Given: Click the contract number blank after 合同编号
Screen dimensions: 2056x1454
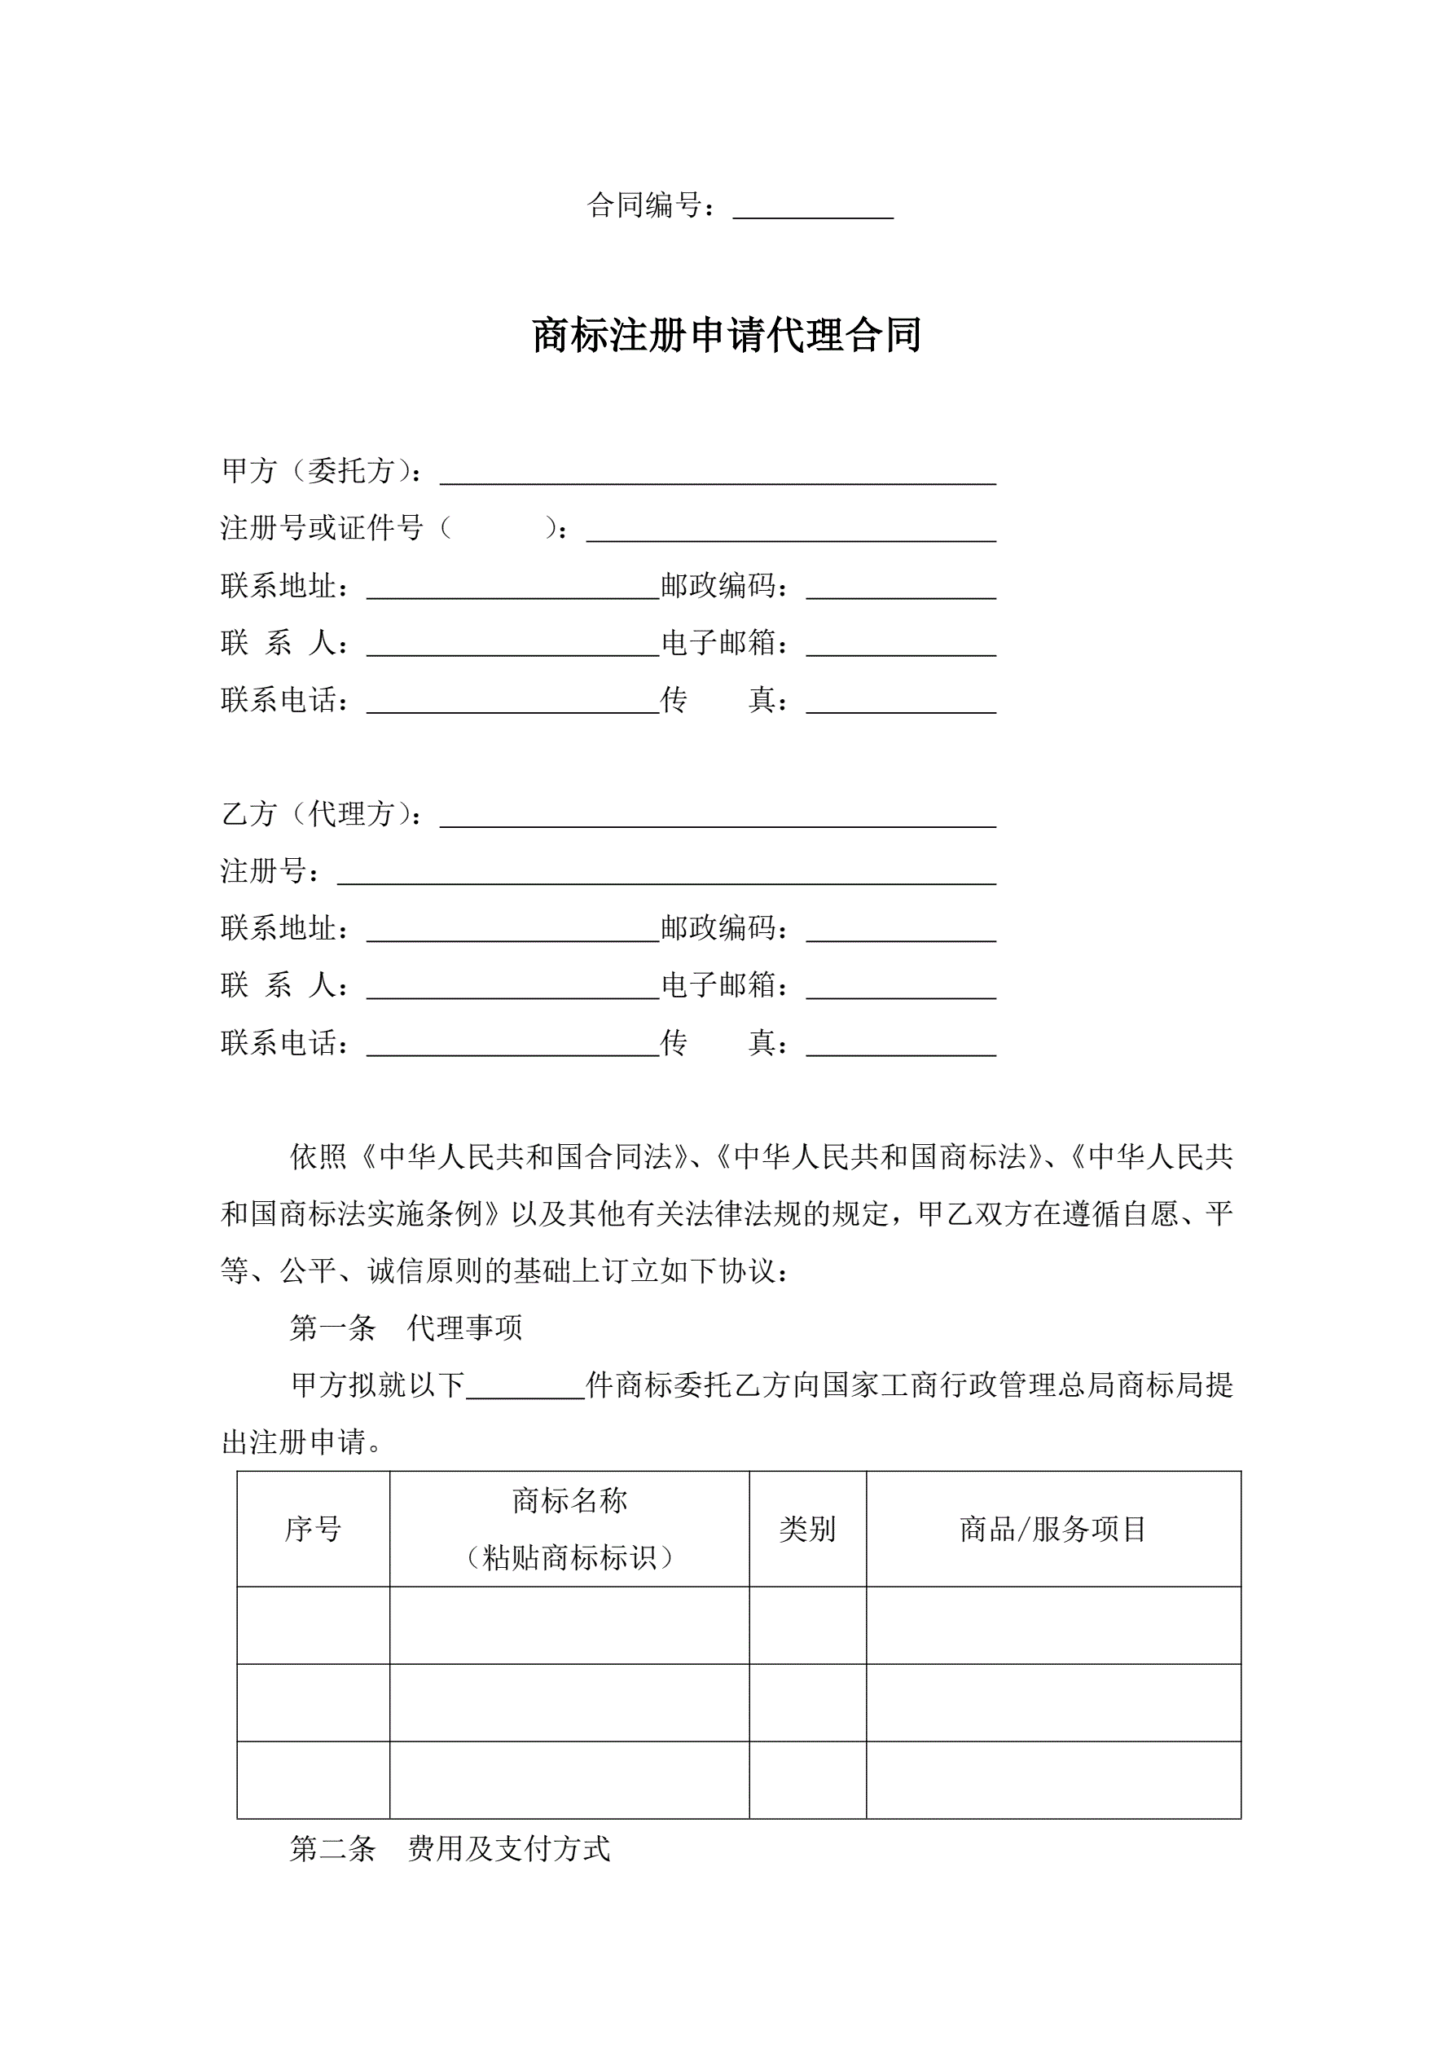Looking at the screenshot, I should coord(813,208).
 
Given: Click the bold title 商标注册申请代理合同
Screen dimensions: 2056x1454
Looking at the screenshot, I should coord(726,336).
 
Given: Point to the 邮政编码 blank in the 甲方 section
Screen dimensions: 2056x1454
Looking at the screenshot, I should coord(901,588).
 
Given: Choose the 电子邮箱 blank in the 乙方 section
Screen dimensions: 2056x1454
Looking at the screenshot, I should coord(901,987).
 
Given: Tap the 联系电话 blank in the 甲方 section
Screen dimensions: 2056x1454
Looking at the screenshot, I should coord(513,701).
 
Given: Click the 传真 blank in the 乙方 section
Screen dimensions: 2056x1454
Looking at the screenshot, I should coord(901,1044).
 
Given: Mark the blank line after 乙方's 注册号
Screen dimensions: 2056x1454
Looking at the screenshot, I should coord(666,873).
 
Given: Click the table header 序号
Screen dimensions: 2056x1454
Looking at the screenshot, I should coord(314,1530).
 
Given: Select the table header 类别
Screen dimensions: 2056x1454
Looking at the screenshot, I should coord(806,1530).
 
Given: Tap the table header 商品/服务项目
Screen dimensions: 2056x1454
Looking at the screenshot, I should coord(1053,1530).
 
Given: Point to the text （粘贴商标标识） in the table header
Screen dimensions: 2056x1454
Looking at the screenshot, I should coord(569,1559).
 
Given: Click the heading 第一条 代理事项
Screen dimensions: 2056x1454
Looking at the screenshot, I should coord(406,1328).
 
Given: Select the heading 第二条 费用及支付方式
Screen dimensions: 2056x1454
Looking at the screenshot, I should coord(450,1849).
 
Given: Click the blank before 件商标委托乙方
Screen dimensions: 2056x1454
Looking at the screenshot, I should coord(525,1386).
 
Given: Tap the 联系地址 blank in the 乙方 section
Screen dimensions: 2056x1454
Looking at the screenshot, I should coord(513,930).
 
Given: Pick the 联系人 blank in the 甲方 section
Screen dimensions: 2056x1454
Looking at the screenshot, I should coord(513,645).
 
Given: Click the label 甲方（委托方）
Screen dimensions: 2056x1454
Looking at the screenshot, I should coord(320,471).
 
